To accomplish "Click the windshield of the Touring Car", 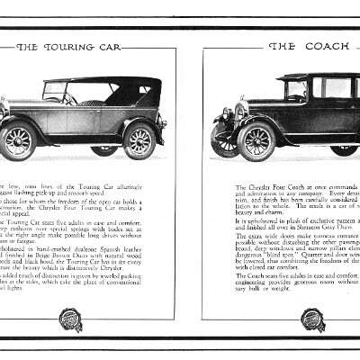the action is (x=55, y=91).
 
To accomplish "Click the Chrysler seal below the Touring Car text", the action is (x=71, y=319).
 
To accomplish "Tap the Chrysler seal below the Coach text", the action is (x=314, y=319).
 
